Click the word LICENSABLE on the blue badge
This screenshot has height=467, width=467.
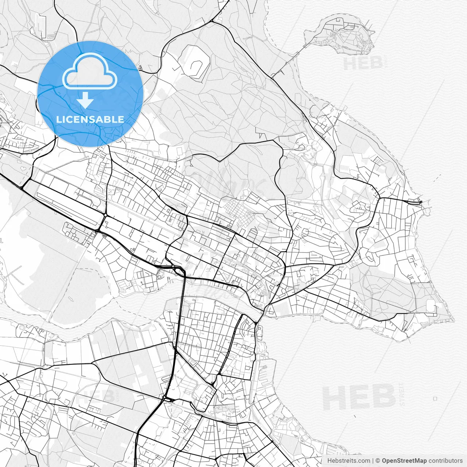[x=90, y=119]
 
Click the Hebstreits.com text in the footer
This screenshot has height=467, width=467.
[x=348, y=461]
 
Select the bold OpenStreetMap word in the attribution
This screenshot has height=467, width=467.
[x=404, y=461]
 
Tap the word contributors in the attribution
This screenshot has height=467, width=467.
[x=445, y=461]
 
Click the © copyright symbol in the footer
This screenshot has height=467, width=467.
[x=378, y=461]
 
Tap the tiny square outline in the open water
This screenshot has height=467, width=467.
[x=435, y=399]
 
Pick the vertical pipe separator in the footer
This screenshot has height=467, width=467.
[x=373, y=461]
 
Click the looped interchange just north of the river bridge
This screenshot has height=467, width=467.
[x=178, y=270]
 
